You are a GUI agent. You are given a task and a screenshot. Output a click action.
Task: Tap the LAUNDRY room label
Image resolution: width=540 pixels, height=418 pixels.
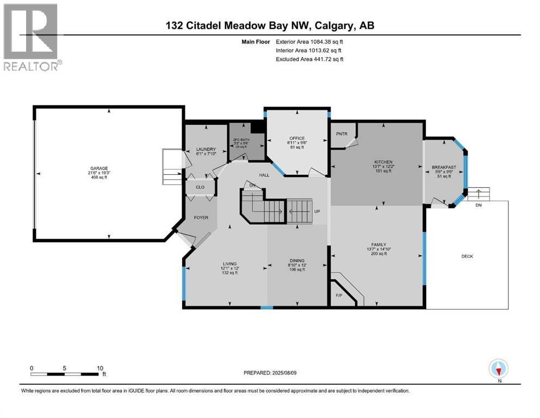point(206,149)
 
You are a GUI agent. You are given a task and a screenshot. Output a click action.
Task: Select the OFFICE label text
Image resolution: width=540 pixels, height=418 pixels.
point(297,138)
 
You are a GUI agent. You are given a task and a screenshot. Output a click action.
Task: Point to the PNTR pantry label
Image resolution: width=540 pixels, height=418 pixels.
point(342,133)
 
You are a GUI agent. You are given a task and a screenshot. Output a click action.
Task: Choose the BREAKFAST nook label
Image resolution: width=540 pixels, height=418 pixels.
point(444,167)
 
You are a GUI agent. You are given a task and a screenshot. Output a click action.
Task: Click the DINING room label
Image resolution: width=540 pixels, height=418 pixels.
point(297,261)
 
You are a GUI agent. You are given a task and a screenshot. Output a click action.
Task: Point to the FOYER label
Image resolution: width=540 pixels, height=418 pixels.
point(201,217)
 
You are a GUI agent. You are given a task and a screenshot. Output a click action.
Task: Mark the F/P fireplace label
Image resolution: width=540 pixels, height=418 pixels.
point(338,296)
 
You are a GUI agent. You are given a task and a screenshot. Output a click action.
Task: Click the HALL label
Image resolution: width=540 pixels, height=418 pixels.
point(265,175)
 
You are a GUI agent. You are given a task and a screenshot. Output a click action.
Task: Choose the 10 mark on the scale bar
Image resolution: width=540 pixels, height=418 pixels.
point(100,368)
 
